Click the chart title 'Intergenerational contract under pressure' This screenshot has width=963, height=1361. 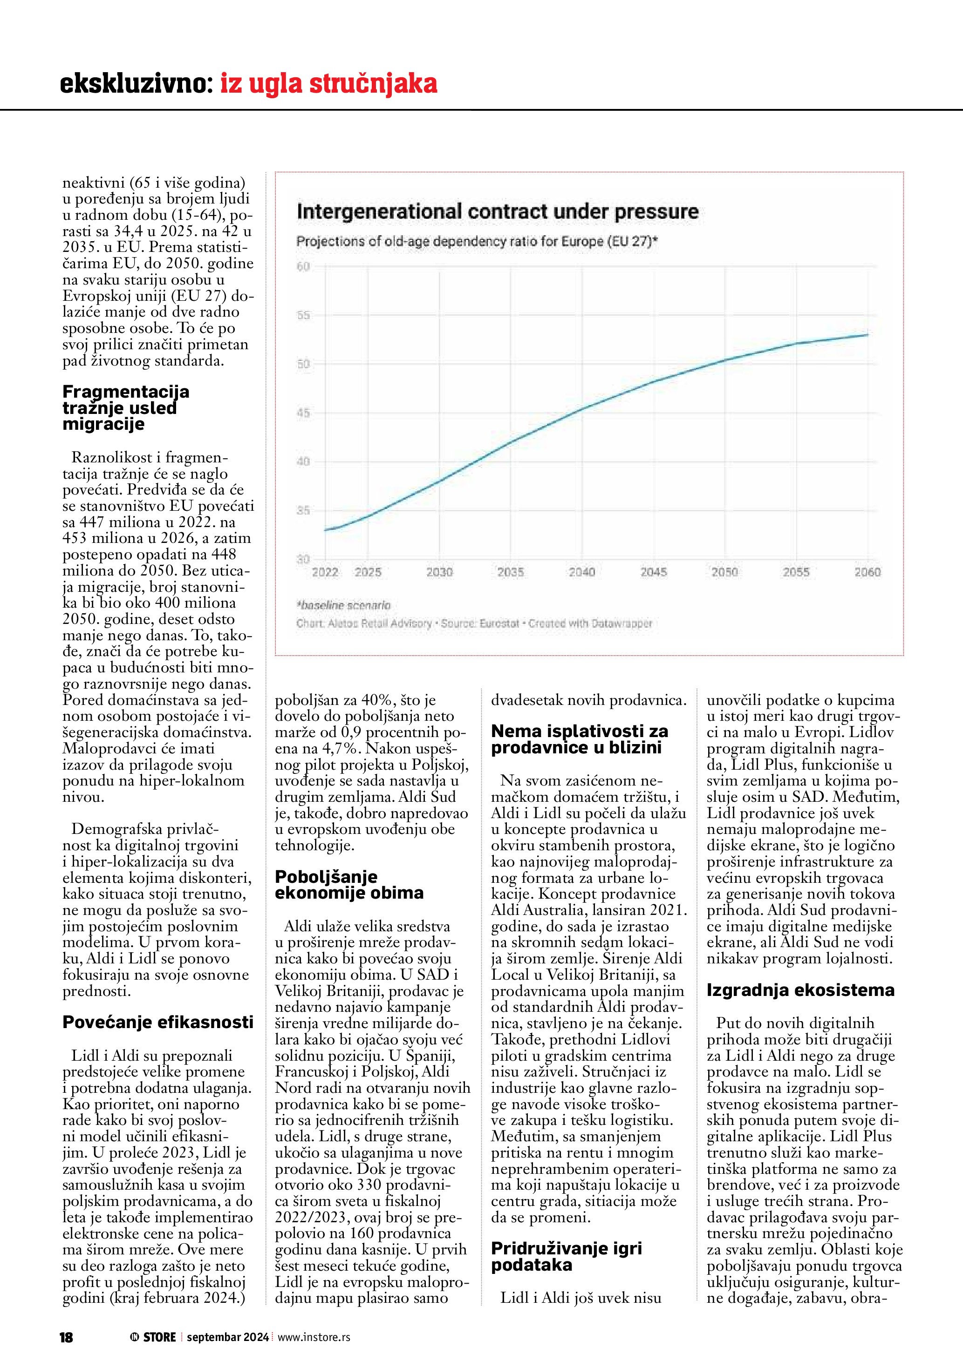pyautogui.click(x=497, y=211)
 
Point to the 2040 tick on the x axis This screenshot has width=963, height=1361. pyautogui.click(x=582, y=572)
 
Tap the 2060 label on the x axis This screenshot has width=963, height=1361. pyautogui.click(x=867, y=572)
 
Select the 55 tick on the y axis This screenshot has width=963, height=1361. pyautogui.click(x=304, y=315)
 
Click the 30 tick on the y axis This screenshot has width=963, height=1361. pyautogui.click(x=304, y=559)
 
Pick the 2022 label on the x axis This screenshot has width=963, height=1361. pyautogui.click(x=325, y=572)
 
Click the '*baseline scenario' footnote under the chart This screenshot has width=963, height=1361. pyautogui.click(x=343, y=605)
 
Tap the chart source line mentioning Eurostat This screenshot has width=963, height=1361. pyautogui.click(x=474, y=623)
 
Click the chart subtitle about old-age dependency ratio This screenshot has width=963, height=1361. pyautogui.click(x=478, y=242)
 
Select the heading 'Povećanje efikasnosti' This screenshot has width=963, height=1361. pyautogui.click(x=158, y=1022)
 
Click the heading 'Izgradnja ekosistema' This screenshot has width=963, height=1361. pyautogui.click(x=800, y=990)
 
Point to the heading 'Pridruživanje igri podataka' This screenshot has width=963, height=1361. pyautogui.click(x=567, y=1256)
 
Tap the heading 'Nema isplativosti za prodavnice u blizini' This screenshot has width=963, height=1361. pyautogui.click(x=580, y=739)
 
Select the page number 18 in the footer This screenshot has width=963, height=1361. pyautogui.click(x=66, y=1337)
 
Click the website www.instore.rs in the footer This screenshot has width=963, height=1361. pyautogui.click(x=314, y=1337)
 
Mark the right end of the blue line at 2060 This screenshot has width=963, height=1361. pyautogui.click(x=867, y=335)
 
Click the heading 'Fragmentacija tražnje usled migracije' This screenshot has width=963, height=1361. pyautogui.click(x=126, y=408)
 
